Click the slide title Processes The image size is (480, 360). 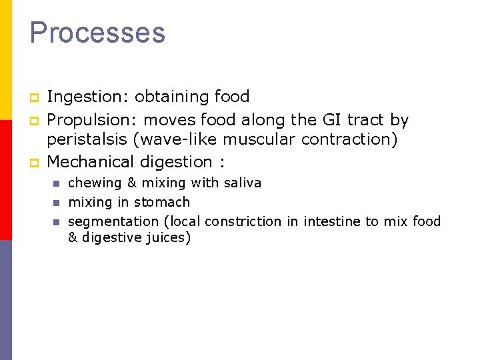(x=97, y=33)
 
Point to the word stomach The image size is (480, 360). (x=162, y=202)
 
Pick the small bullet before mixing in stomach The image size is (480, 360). (x=57, y=202)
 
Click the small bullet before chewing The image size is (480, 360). (x=57, y=183)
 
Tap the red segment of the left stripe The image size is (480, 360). (x=5, y=180)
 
